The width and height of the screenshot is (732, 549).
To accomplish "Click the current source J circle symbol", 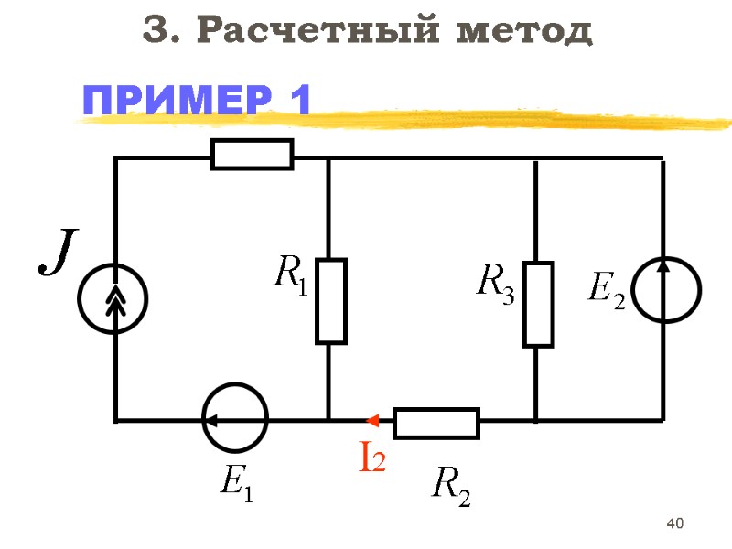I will (x=113, y=296).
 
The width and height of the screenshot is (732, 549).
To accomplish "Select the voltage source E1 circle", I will (x=234, y=420).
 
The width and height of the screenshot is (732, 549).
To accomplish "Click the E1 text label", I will (x=236, y=481).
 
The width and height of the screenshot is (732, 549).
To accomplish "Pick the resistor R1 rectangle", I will (x=330, y=300).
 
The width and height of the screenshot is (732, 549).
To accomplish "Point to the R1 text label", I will (x=291, y=274).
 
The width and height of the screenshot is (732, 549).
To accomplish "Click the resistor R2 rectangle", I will (x=436, y=424).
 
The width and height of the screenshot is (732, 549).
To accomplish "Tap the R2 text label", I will (x=450, y=485).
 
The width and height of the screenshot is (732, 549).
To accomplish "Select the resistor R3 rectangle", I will (x=538, y=304).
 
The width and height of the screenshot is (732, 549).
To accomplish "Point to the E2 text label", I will (x=606, y=291).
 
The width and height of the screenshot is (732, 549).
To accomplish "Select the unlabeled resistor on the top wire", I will (x=253, y=154).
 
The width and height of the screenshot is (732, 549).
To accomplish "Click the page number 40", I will (x=676, y=523).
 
